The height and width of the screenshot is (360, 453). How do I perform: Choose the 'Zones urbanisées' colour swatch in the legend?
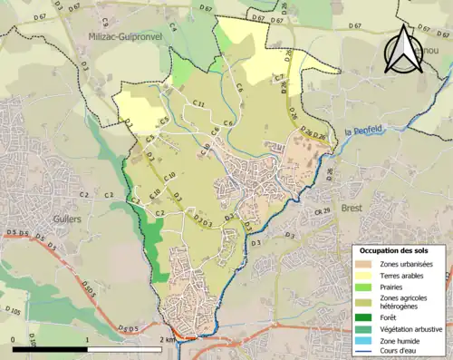point(364,263)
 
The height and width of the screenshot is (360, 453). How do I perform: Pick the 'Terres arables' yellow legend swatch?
point(364,275)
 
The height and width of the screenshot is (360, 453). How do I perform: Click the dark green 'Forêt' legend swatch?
point(364,317)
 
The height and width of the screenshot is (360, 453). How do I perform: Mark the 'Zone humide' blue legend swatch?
point(364,341)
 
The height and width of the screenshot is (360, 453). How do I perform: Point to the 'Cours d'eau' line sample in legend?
point(364,353)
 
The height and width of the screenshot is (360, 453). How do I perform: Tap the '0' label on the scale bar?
point(13,339)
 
